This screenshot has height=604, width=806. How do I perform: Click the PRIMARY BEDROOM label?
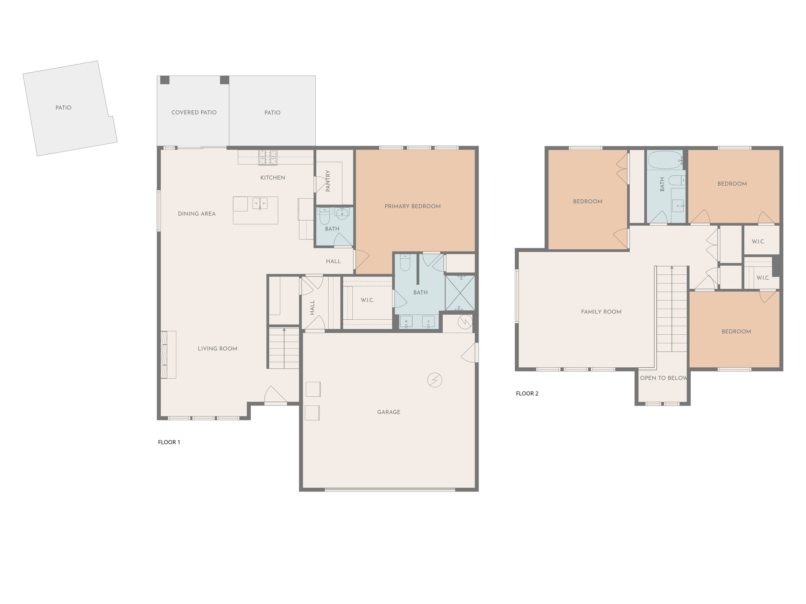click(412, 206)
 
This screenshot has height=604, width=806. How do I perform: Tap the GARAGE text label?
click(388, 412)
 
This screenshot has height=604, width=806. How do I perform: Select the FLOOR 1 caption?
click(169, 442)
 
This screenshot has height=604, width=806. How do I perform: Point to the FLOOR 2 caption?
click(527, 393)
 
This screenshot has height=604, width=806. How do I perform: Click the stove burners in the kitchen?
click(268, 157)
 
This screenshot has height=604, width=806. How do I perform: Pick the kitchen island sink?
click(260, 203)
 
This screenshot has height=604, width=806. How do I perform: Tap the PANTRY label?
click(328, 181)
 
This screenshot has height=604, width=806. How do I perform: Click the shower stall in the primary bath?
click(460, 293)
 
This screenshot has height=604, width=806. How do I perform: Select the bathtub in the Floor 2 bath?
click(665, 160)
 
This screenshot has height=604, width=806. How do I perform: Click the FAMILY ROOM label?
click(601, 312)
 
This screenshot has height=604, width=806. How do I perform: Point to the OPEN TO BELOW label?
click(663, 378)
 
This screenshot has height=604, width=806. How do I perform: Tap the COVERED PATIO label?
click(194, 112)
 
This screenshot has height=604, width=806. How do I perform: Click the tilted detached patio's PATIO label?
click(63, 107)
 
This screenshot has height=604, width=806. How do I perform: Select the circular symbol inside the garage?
click(434, 380)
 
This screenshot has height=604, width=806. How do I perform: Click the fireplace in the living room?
click(168, 354)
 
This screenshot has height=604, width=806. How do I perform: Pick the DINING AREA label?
click(197, 214)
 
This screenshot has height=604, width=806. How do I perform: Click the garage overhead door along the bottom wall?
click(390, 490)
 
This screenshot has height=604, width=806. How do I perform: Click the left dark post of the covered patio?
click(165, 80)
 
